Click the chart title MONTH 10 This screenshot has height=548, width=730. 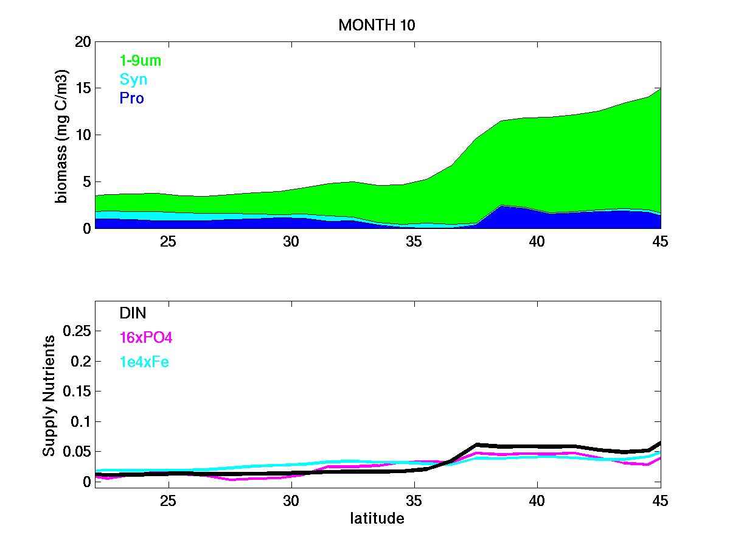377,25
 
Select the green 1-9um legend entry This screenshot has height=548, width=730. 141,61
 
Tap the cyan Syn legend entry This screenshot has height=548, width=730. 133,80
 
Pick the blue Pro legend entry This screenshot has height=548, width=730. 132,98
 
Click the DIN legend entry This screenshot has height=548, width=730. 133,313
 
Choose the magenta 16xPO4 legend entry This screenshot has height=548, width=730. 147,337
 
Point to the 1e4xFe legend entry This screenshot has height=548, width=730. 144,362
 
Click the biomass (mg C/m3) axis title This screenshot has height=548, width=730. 61,135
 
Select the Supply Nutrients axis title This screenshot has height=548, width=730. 49,396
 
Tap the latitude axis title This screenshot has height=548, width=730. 377,519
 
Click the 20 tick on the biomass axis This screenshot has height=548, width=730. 83,42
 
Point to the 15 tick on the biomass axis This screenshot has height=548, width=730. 83,88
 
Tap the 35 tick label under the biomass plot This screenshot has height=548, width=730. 414,241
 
